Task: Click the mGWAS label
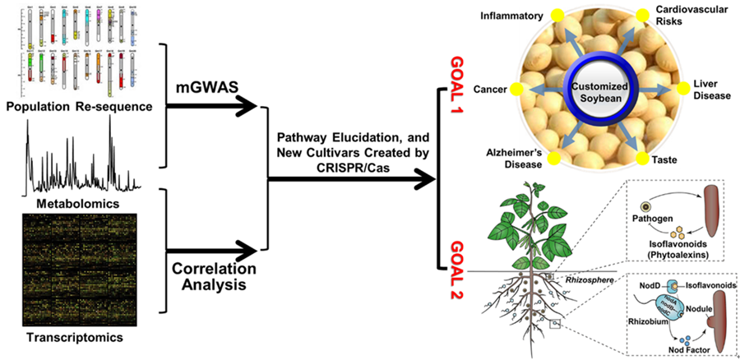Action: (x=202, y=85)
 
